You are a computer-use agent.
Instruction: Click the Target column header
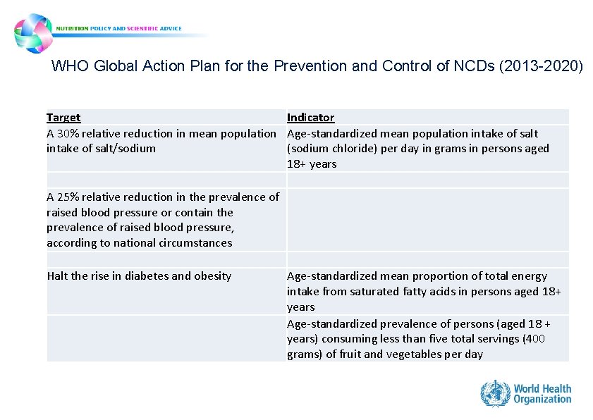63,118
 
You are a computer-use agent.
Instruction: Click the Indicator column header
310,118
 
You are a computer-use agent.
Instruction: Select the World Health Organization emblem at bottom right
495,393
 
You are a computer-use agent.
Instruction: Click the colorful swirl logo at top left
33,32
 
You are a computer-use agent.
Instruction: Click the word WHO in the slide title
68,67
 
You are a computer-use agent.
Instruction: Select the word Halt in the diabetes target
58,276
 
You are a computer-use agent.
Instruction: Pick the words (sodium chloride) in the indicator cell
329,149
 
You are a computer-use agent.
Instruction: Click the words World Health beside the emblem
542,388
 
